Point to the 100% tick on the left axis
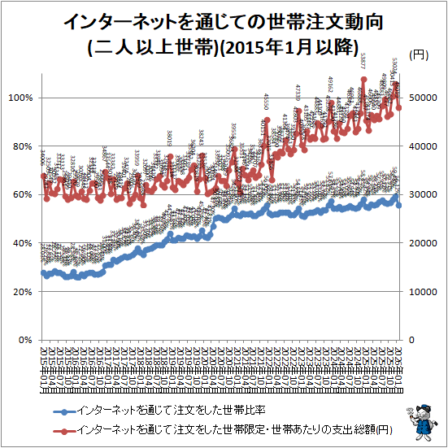pyautogui.click(x=20, y=98)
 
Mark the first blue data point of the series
pyautogui.click(x=43, y=272)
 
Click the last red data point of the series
pyautogui.click(x=399, y=107)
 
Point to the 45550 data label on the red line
pyautogui.click(x=266, y=102)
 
